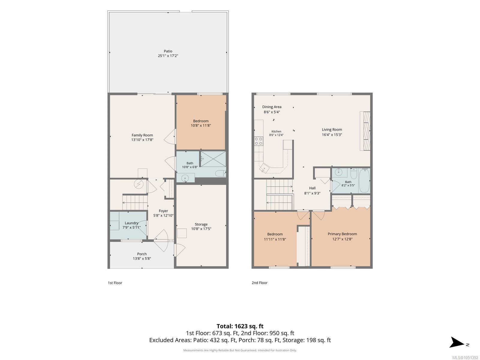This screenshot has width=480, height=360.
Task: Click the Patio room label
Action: pos(168,51)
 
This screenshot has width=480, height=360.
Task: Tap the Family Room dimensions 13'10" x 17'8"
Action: pos(142,140)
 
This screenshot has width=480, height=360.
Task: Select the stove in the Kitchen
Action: pos(259,141)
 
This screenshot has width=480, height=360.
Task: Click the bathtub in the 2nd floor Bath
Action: pos(364,181)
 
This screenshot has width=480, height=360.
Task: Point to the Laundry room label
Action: pos(131,223)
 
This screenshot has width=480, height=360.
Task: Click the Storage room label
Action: pos(201,224)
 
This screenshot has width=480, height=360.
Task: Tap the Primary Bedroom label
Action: pos(342,234)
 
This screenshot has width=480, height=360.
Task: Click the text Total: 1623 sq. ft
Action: pos(240,326)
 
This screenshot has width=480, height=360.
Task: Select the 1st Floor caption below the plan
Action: pos(115,283)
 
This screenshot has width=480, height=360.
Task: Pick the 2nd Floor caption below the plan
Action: pos(259,283)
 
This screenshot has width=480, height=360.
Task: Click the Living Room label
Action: pos(332,130)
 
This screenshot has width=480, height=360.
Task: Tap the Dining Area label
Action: pos(271,107)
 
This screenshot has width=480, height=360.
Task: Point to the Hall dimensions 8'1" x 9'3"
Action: pos(312,193)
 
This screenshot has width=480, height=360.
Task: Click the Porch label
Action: pos(142,254)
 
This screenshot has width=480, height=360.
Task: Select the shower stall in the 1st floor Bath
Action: pos(213,159)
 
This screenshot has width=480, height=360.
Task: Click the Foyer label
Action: pos(163,211)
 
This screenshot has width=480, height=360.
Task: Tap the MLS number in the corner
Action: pos(465,358)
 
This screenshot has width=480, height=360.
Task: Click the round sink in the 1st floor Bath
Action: pos(185,178)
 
